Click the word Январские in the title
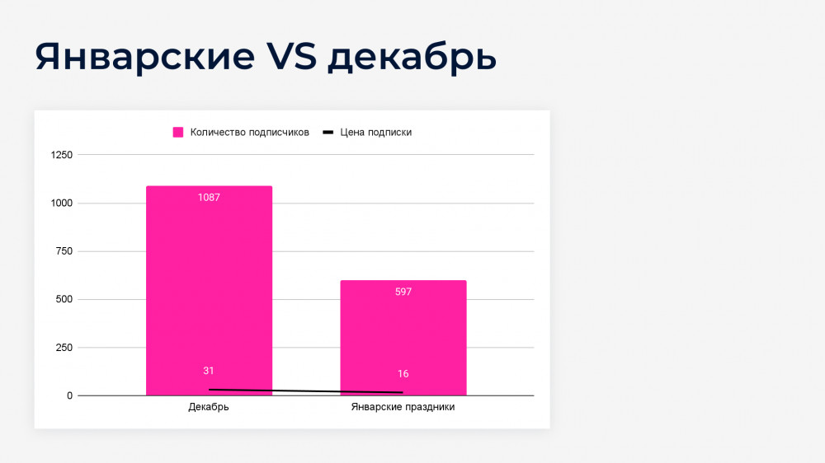pos(145,57)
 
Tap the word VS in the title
pos(291,56)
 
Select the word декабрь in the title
pos(412,57)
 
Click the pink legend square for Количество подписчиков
pos(178,133)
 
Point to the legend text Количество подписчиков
pos(249,133)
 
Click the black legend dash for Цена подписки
pos(328,133)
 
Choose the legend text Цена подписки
pos(375,133)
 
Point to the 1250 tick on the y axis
pos(62,155)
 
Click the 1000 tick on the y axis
pos(62,203)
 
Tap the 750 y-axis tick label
pos(64,251)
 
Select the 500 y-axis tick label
pos(64,300)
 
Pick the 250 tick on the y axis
pos(64,348)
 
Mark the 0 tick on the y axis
pos(69,395)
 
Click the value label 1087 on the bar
pos(209,198)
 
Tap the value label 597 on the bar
pos(403,292)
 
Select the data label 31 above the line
pos(209,371)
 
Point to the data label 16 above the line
pos(403,374)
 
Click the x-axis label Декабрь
pos(209,407)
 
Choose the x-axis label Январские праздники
pos(403,407)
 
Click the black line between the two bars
pos(306,391)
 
